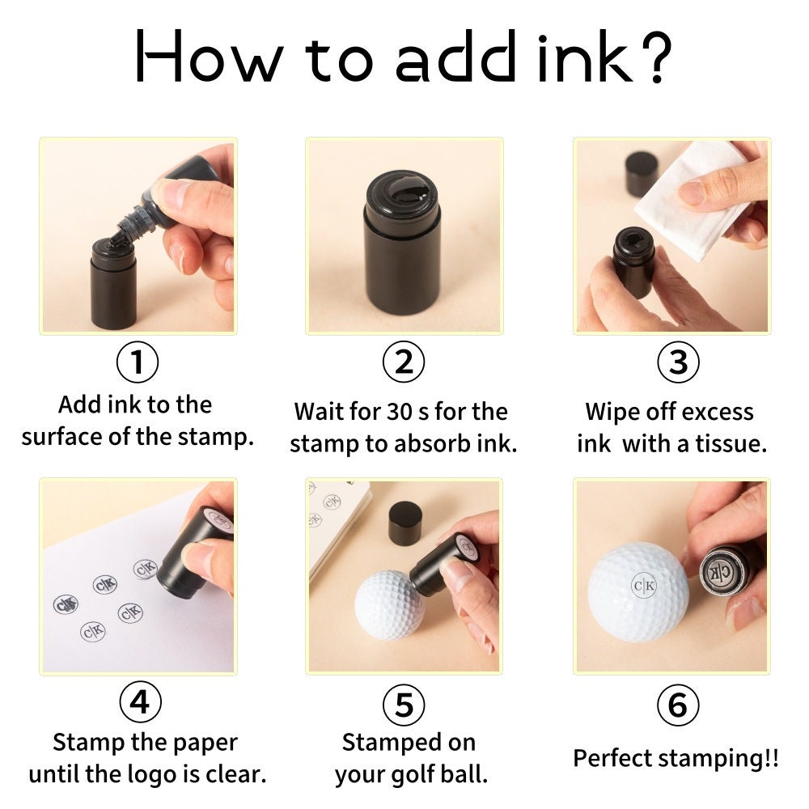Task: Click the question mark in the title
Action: (x=658, y=57)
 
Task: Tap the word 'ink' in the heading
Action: (x=585, y=57)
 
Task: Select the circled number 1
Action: (x=138, y=362)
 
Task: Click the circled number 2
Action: (x=404, y=362)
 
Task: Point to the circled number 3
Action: (x=678, y=362)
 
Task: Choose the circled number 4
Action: (x=140, y=702)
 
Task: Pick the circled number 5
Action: (x=404, y=705)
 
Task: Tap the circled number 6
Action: (x=678, y=705)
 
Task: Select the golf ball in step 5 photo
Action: (x=390, y=604)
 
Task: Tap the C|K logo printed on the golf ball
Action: (x=644, y=585)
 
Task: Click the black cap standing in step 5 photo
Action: (x=405, y=523)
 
